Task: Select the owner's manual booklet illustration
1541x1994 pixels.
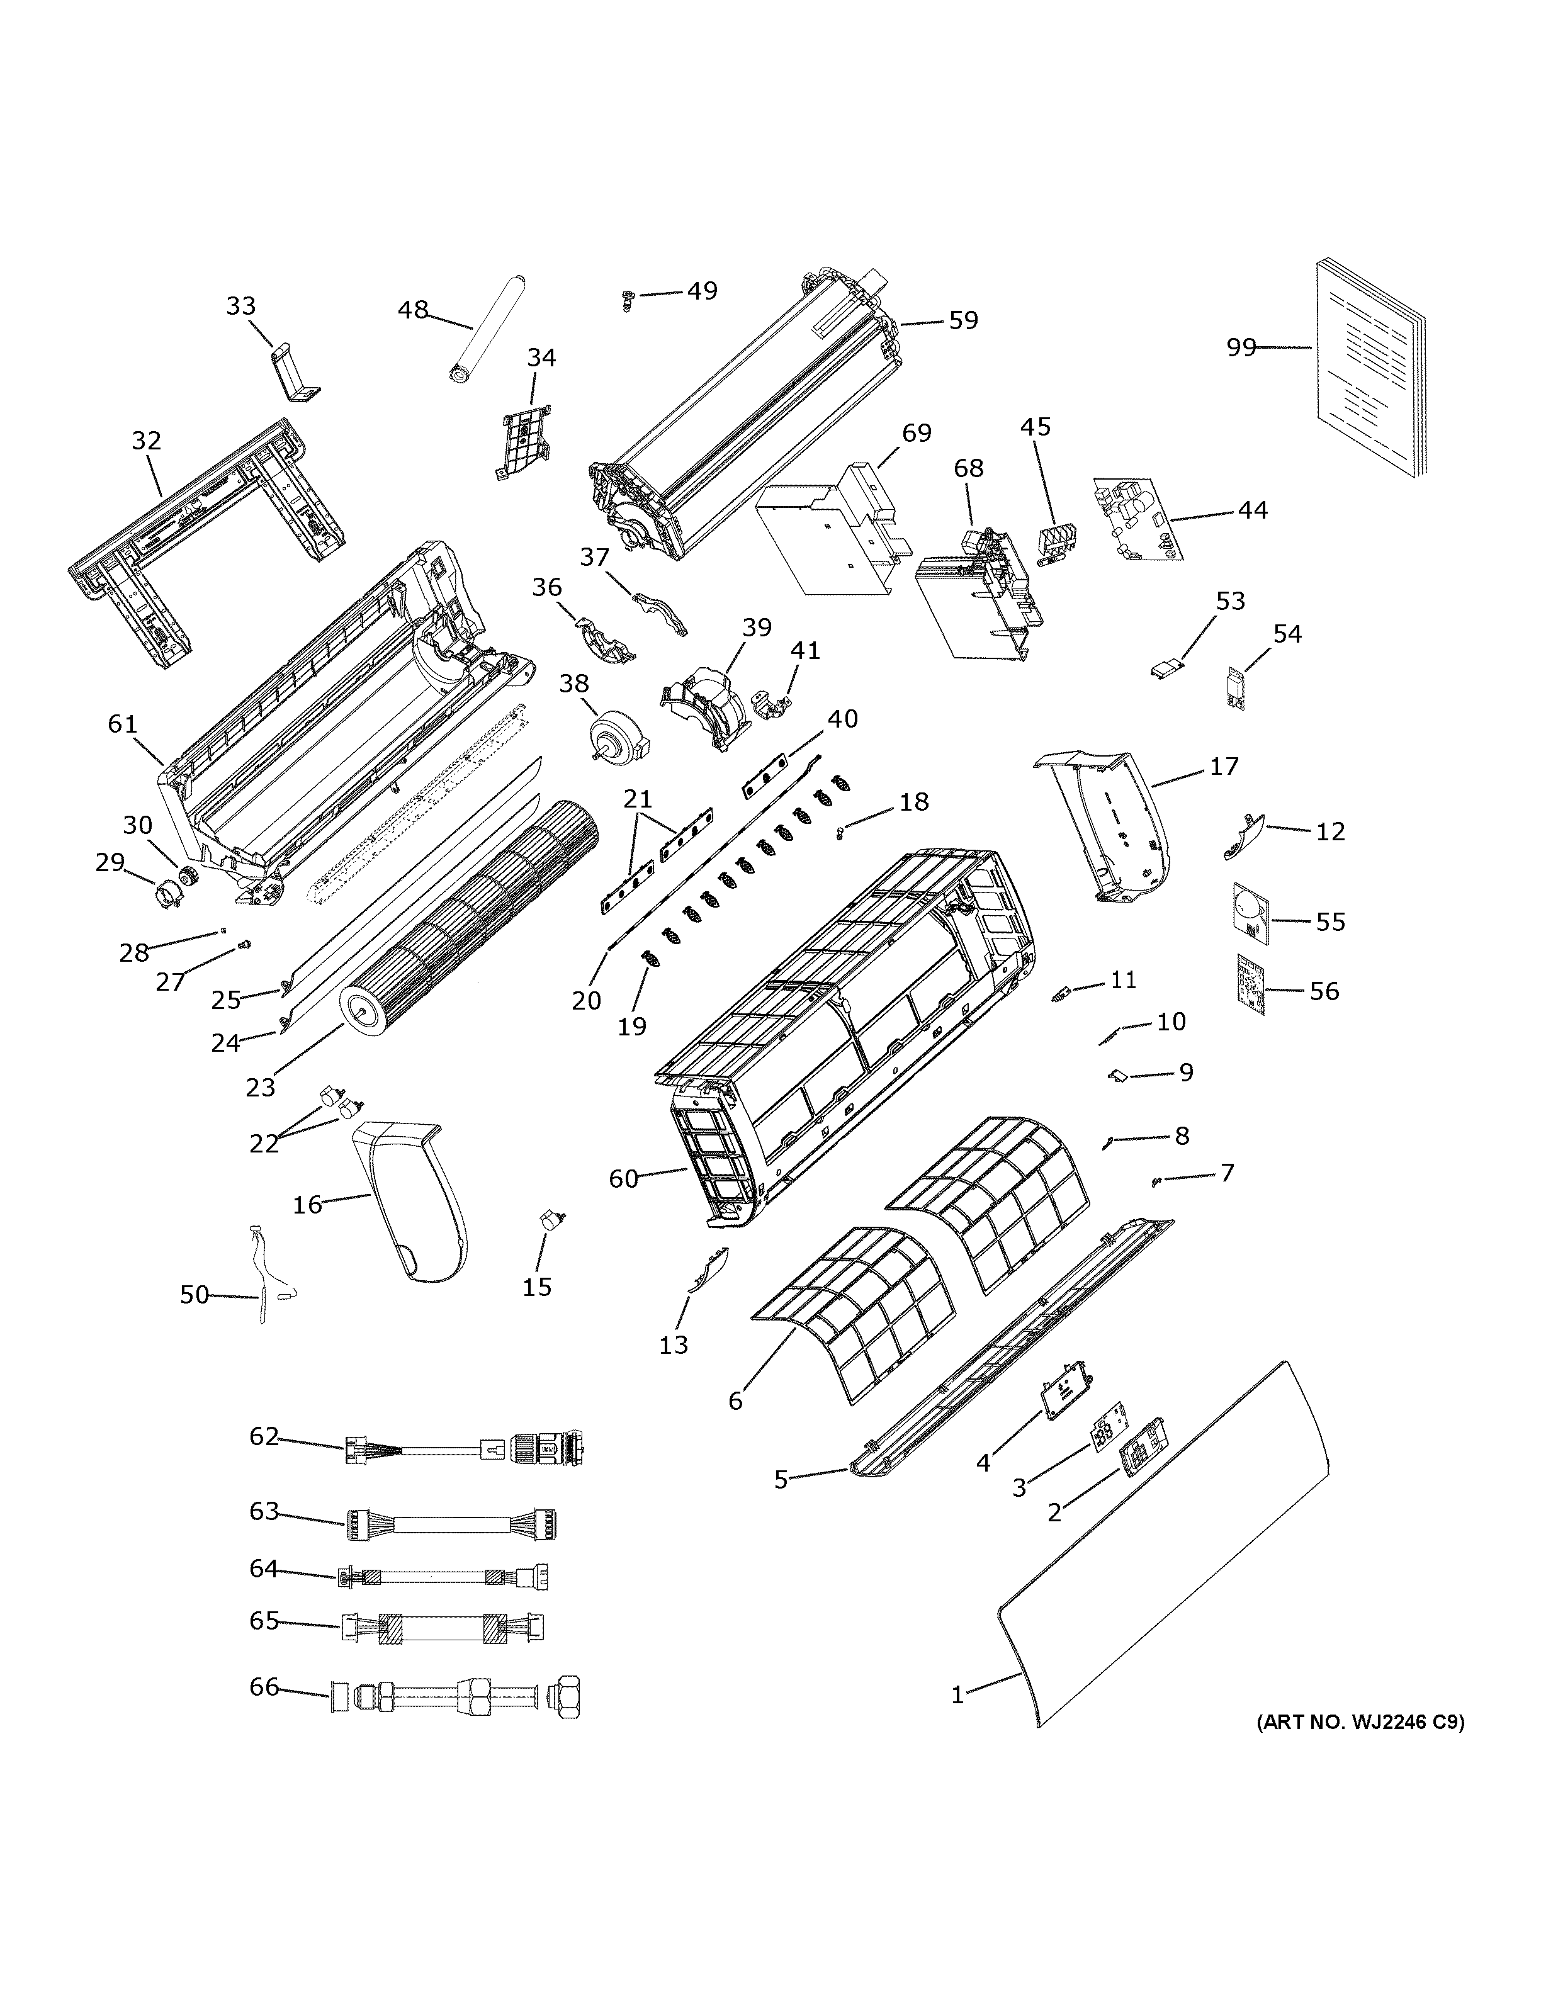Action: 1369,369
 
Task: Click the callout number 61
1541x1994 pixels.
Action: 121,724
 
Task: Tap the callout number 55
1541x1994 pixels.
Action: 1330,922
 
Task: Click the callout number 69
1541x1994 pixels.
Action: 917,433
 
